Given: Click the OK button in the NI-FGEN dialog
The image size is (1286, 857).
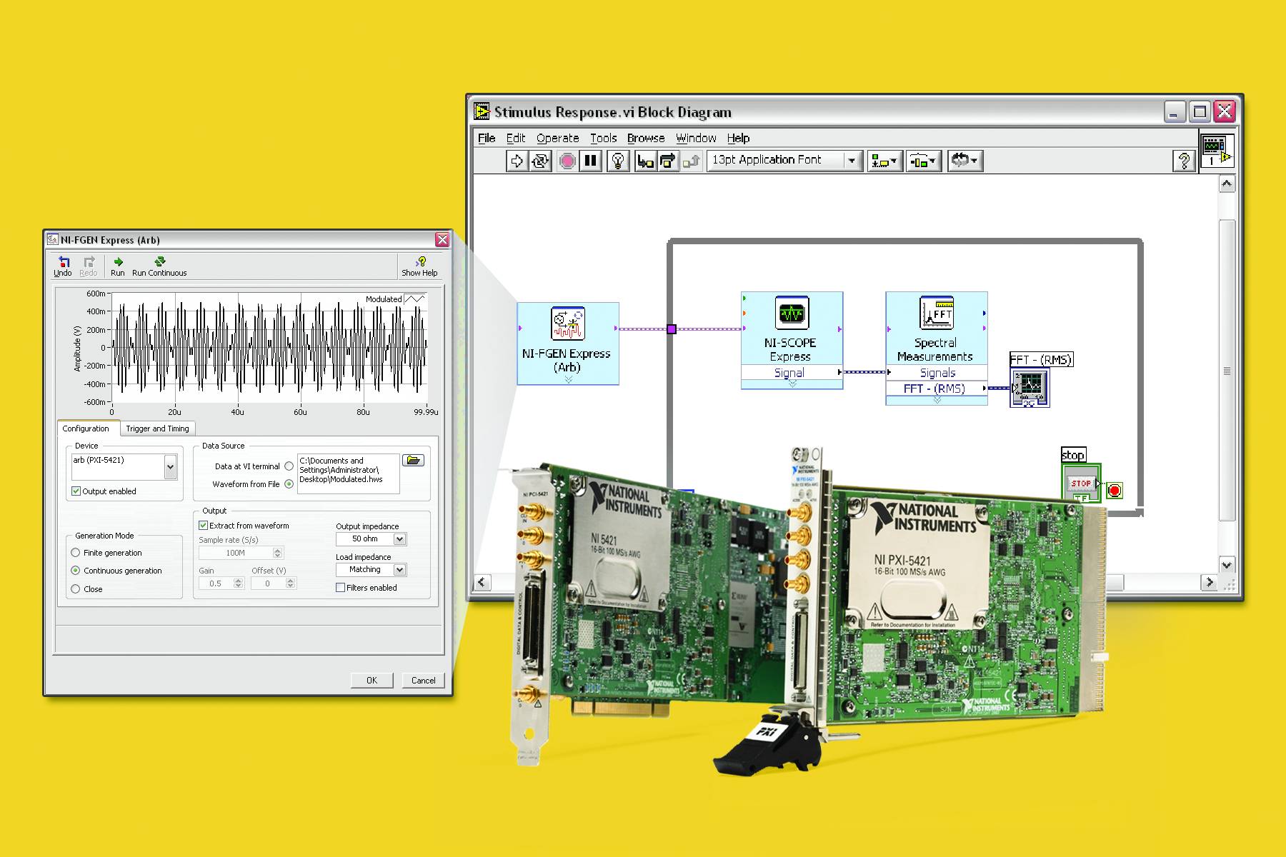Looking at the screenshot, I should [x=372, y=680].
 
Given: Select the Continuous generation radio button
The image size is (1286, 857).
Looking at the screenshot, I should [x=76, y=571].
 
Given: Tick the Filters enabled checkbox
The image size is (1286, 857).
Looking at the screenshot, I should [x=341, y=588].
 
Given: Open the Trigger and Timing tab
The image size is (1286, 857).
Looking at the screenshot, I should [x=157, y=428].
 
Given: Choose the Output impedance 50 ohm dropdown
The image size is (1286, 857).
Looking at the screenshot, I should [x=371, y=539].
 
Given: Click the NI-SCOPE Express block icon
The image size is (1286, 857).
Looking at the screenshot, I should [x=792, y=314].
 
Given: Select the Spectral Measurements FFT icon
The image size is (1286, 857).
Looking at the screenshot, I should [x=936, y=313].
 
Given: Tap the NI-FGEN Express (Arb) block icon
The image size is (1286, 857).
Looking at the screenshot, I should [x=568, y=324].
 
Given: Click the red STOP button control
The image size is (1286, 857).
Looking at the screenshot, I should [x=1080, y=483].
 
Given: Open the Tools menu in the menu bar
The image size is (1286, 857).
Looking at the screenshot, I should [x=603, y=138].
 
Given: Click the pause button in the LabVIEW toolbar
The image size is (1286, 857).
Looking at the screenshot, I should [x=590, y=161].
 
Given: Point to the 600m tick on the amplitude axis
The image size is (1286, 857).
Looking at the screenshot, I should [x=96, y=294].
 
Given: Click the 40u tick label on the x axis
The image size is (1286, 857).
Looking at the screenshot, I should [x=237, y=412].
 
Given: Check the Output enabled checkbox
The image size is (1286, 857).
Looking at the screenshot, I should [x=76, y=491].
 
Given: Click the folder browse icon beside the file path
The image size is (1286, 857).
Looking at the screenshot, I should [x=413, y=461].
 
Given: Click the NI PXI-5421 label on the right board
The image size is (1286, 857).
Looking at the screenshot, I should [x=902, y=561].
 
